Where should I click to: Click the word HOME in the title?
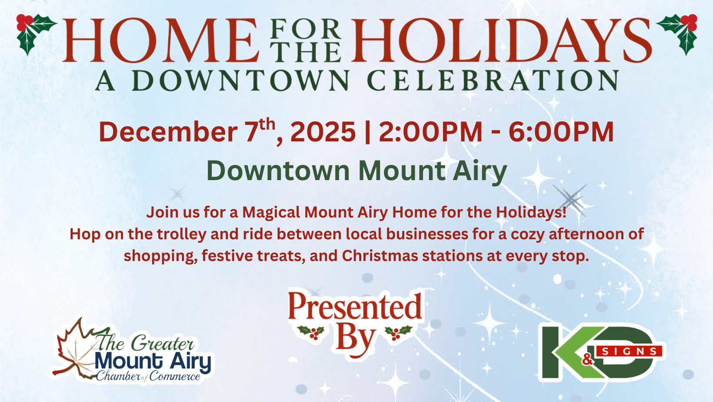tap(161, 40)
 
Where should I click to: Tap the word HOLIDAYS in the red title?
tap(501, 40)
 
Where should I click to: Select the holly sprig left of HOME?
tap(36, 34)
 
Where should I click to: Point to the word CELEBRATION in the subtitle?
tap(493, 80)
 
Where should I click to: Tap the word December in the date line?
tap(168, 131)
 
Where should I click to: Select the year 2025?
tap(323, 131)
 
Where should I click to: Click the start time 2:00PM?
tap(430, 131)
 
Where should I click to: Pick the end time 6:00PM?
tap(561, 131)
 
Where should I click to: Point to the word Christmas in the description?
tap(380, 256)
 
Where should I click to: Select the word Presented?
tap(355, 307)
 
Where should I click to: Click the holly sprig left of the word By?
tap(312, 332)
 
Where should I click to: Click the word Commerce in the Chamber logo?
tap(175, 376)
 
